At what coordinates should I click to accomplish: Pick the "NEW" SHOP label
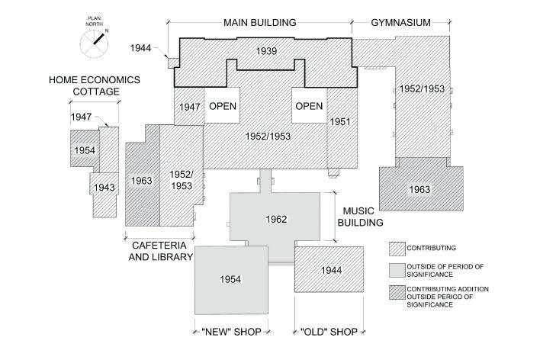(x=230, y=332)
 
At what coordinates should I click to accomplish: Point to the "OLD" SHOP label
(x=329, y=332)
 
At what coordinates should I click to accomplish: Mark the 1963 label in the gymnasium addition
(x=420, y=190)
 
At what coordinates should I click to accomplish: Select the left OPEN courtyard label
(x=223, y=106)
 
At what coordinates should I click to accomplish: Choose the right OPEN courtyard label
(x=309, y=106)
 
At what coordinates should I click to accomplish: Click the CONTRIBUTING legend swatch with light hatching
(x=400, y=249)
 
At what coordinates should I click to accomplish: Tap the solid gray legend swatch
(x=400, y=269)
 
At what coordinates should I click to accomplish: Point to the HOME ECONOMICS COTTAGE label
(x=85, y=85)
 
